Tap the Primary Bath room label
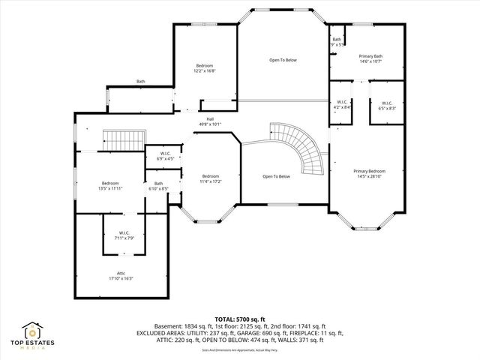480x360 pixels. click(370, 55)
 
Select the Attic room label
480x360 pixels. click(121, 273)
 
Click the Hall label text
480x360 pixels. click(210, 119)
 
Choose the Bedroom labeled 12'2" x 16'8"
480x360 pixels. click(205, 65)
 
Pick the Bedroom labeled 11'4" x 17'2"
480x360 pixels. click(210, 176)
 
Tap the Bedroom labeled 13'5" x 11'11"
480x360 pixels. click(110, 183)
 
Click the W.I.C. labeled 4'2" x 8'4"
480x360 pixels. click(341, 103)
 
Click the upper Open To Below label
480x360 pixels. click(283, 60)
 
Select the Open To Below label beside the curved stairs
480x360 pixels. click(276, 176)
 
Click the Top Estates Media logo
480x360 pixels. click(34, 333)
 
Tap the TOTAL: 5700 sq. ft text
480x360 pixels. click(240, 319)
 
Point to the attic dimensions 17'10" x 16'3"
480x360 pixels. click(121, 277)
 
